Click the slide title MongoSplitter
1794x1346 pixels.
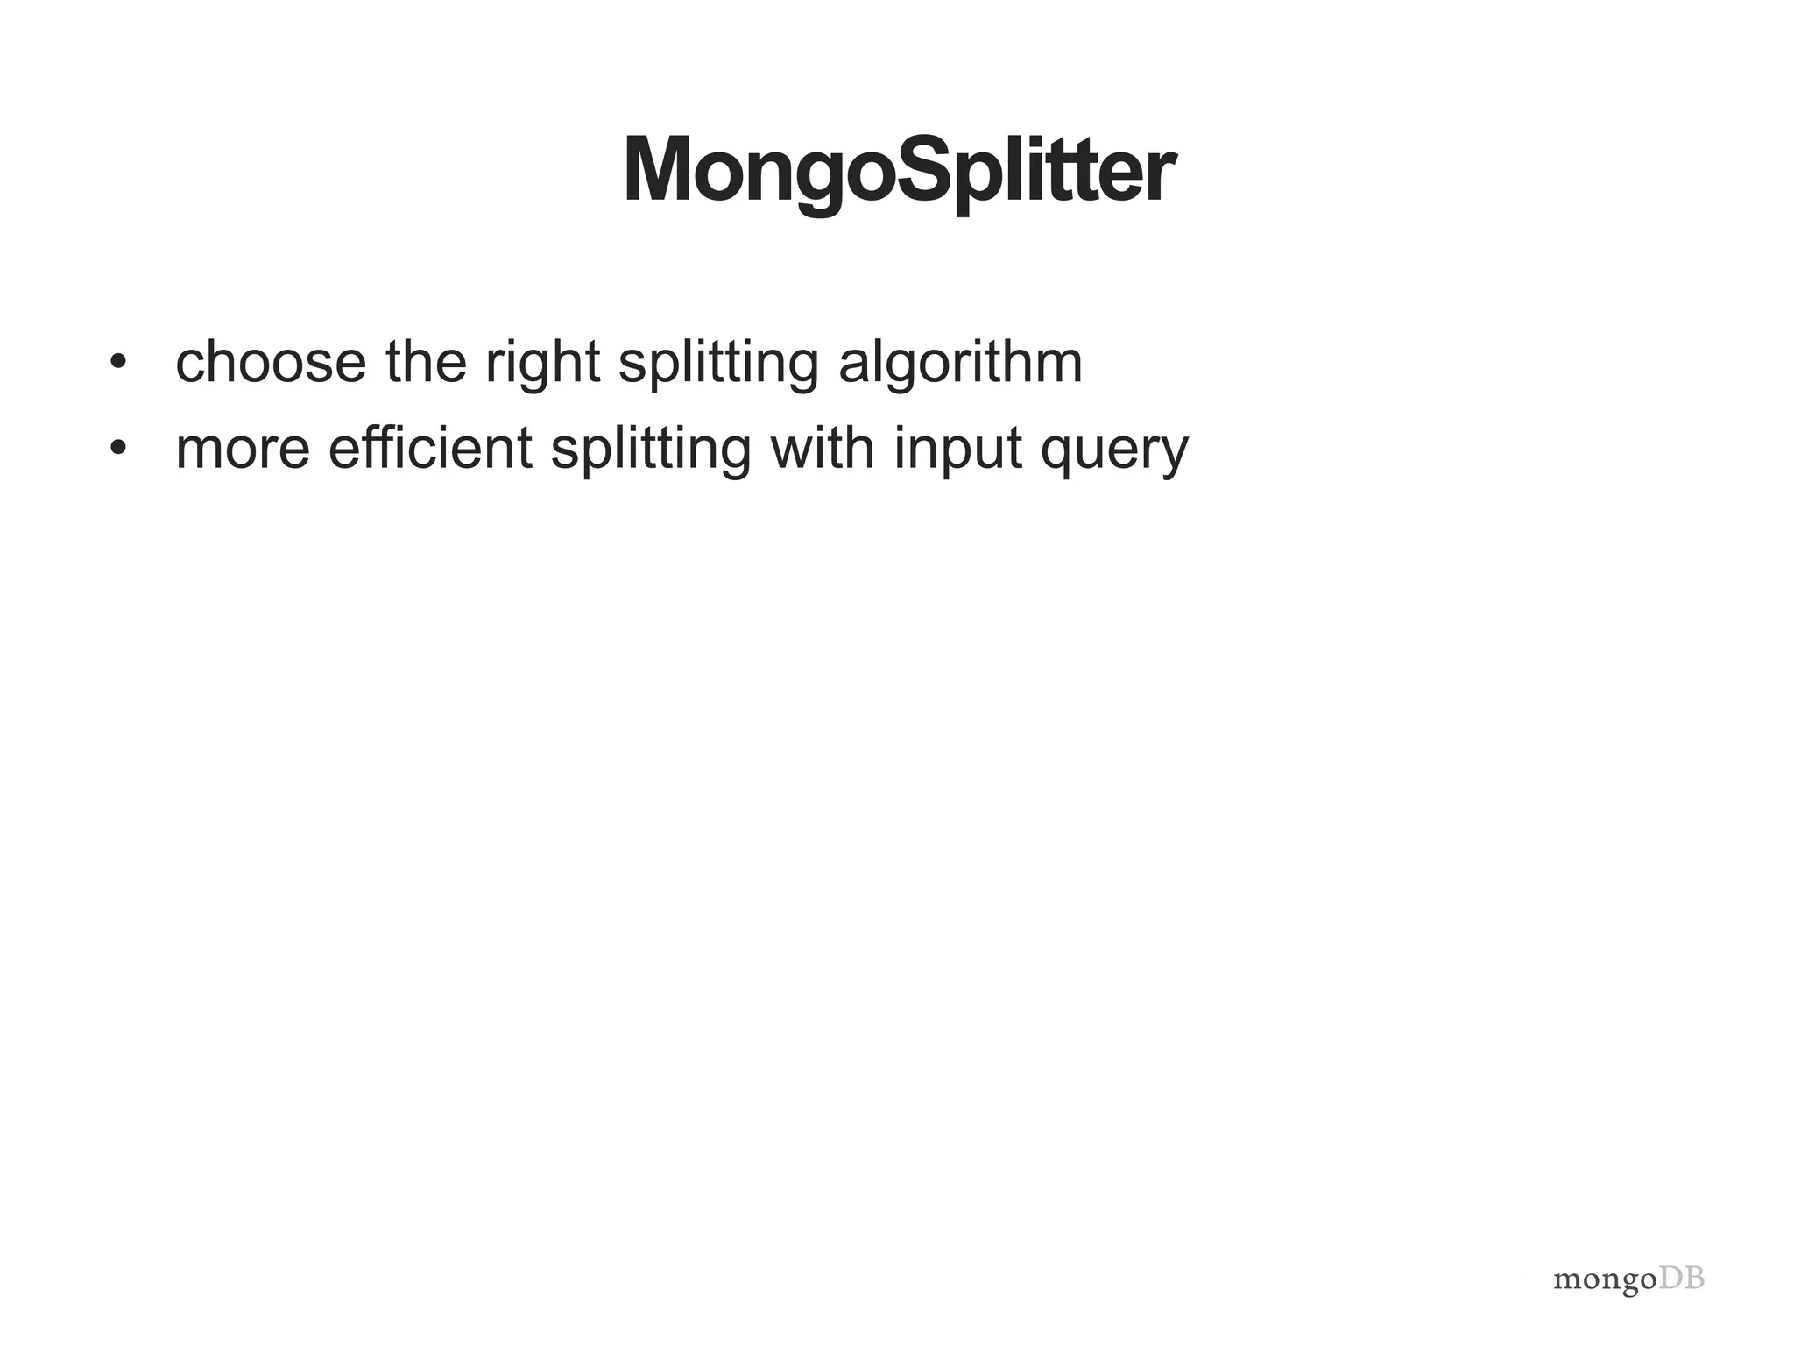[899, 171]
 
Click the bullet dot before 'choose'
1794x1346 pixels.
[118, 362]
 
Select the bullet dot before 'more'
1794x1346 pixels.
[118, 448]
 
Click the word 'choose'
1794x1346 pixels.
[271, 362]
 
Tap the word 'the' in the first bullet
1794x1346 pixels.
[426, 362]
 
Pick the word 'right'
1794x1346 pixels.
[542, 364]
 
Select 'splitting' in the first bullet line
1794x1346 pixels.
[718, 364]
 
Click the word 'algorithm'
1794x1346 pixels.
[960, 364]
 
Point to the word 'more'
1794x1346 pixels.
[243, 450]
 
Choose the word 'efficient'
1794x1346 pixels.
[430, 448]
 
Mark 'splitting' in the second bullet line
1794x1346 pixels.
[651, 450]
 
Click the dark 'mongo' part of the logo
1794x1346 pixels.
[1605, 1280]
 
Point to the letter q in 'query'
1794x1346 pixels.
[1058, 455]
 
